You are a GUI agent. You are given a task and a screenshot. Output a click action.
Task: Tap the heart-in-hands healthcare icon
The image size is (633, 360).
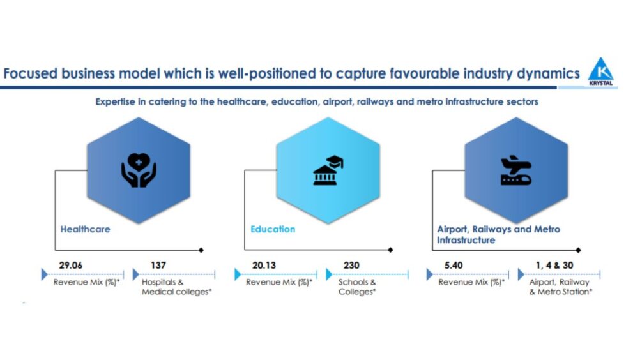[139, 170]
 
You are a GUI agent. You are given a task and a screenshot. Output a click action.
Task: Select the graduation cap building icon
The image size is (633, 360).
[328, 170]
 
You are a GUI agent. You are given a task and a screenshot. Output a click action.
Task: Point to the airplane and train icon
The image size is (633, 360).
[516, 170]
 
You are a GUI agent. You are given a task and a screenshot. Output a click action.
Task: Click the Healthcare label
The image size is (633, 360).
[85, 229]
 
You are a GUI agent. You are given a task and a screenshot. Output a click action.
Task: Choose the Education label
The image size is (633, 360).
[273, 229]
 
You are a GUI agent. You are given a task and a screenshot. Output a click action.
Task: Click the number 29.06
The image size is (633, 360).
[71, 265]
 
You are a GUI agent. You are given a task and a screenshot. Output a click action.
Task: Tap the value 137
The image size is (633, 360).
[158, 265]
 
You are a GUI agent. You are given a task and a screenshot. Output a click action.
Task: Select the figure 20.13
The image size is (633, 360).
[264, 265]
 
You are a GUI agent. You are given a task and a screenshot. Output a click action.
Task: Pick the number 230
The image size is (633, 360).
[351, 265]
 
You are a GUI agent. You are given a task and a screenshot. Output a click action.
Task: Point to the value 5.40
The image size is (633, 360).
[454, 265]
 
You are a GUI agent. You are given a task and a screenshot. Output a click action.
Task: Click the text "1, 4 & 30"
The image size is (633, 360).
[554, 265]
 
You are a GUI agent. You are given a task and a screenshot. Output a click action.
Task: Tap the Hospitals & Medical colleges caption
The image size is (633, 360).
[176, 287]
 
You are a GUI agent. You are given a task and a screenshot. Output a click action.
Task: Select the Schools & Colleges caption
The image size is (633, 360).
[357, 287]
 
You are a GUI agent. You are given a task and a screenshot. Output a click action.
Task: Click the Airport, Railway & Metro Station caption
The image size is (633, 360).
[560, 287]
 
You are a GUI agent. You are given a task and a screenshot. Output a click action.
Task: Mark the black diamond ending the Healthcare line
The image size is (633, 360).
[201, 250]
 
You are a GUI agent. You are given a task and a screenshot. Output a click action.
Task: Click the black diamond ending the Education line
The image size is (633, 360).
[390, 250]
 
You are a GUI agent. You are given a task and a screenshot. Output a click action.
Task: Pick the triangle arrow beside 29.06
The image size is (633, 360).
[45, 274]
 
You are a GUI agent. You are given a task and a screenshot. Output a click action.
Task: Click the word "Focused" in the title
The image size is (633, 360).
[30, 73]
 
